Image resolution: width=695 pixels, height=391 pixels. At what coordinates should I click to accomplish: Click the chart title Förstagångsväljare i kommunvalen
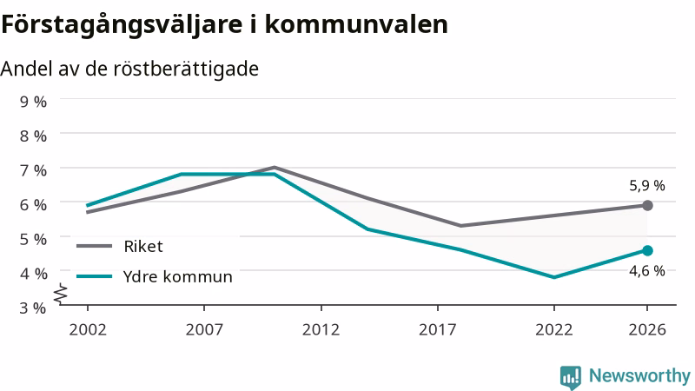click(224, 25)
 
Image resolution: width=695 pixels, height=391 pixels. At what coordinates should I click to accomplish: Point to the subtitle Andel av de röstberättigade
click(129, 70)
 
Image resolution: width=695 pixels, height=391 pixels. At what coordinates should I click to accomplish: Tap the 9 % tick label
click(33, 102)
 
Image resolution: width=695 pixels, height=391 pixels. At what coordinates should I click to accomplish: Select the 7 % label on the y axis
click(33, 170)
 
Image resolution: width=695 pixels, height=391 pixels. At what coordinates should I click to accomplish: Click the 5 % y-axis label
click(33, 239)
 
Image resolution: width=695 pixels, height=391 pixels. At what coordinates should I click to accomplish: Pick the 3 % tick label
click(33, 308)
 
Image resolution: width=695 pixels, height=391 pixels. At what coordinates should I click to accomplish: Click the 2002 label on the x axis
click(88, 330)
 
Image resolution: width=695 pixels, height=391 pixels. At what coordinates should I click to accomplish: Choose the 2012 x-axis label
click(321, 330)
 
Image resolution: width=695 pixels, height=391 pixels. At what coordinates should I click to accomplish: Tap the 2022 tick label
click(554, 330)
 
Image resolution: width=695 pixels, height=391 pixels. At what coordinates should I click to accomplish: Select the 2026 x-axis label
click(647, 330)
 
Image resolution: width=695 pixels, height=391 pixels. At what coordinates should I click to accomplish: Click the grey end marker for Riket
click(647, 205)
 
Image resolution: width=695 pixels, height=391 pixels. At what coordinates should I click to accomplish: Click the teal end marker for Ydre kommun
click(647, 251)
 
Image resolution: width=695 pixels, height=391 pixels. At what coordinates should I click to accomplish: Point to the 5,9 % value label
click(647, 186)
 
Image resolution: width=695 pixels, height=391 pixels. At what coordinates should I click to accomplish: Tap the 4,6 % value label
click(647, 271)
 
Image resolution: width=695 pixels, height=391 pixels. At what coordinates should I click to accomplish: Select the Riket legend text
click(143, 247)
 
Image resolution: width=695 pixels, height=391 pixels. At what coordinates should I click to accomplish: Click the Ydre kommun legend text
click(178, 276)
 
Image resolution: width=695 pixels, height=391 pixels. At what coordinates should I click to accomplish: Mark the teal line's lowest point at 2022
click(554, 277)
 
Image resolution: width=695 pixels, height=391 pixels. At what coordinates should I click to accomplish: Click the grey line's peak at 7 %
click(275, 167)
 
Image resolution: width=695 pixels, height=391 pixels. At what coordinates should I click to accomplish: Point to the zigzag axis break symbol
click(61, 294)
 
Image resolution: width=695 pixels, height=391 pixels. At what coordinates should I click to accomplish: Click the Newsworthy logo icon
click(571, 377)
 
